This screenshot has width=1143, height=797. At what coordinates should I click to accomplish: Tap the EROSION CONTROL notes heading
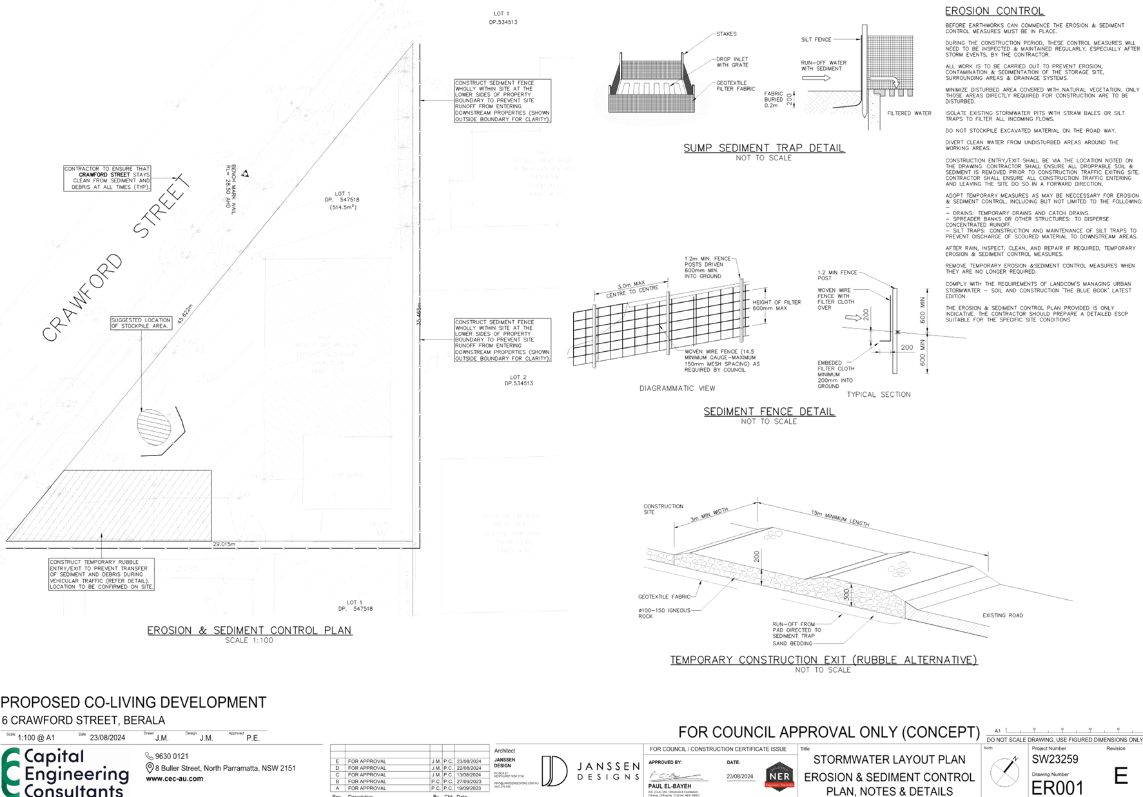pos(993,11)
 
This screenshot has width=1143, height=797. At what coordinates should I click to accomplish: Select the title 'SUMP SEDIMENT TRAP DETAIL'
pos(764,148)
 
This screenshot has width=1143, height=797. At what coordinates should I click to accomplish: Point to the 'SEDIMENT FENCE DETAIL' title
pos(768,411)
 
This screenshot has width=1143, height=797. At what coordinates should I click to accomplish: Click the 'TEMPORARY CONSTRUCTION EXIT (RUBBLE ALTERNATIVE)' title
pos(823,660)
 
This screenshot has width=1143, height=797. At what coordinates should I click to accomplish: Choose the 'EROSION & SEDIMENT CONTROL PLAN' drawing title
pos(249,630)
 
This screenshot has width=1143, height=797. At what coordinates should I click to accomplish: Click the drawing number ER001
pos(1057,787)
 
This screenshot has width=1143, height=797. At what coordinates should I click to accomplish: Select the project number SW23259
pos(1055,759)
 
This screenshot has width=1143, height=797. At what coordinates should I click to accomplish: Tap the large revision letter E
pos(1121,776)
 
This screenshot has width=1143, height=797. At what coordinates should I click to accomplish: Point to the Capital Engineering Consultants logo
pos(65,772)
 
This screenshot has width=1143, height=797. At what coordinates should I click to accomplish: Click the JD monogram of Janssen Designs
pos(554,771)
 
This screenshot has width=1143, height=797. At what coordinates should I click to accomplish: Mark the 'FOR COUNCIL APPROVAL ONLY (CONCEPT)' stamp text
pos(828,733)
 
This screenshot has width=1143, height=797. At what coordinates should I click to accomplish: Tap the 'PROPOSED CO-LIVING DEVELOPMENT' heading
pos(133,702)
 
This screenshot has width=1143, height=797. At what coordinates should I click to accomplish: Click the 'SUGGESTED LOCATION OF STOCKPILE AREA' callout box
pos(141,323)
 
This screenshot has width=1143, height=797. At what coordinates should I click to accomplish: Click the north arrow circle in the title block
pos(1004,771)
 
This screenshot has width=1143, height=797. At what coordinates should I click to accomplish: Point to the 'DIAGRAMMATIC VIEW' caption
pos(678,389)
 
